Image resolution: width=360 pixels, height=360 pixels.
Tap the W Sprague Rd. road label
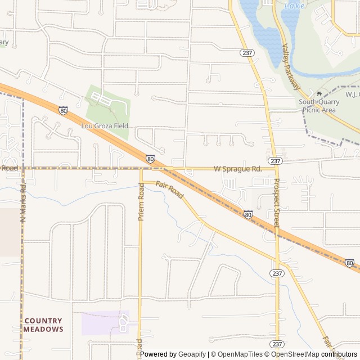pos(238,169)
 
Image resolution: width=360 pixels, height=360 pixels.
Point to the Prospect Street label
pos(276,203)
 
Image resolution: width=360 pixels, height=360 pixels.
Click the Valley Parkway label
pos(291,67)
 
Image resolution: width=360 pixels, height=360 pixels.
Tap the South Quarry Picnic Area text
pos(319,106)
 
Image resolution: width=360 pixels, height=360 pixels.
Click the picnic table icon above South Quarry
pos(319,94)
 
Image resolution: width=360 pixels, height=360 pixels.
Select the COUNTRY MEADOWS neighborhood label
pos(43,325)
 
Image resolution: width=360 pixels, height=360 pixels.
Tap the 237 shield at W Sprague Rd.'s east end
pos(276,161)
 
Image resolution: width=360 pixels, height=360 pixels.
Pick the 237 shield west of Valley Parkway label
pos(247,52)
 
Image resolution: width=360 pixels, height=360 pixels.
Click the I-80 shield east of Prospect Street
pos(349,263)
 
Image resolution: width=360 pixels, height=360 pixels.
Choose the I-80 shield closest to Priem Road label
pos(151,159)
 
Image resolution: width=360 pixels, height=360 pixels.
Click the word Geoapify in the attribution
pos(192,354)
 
